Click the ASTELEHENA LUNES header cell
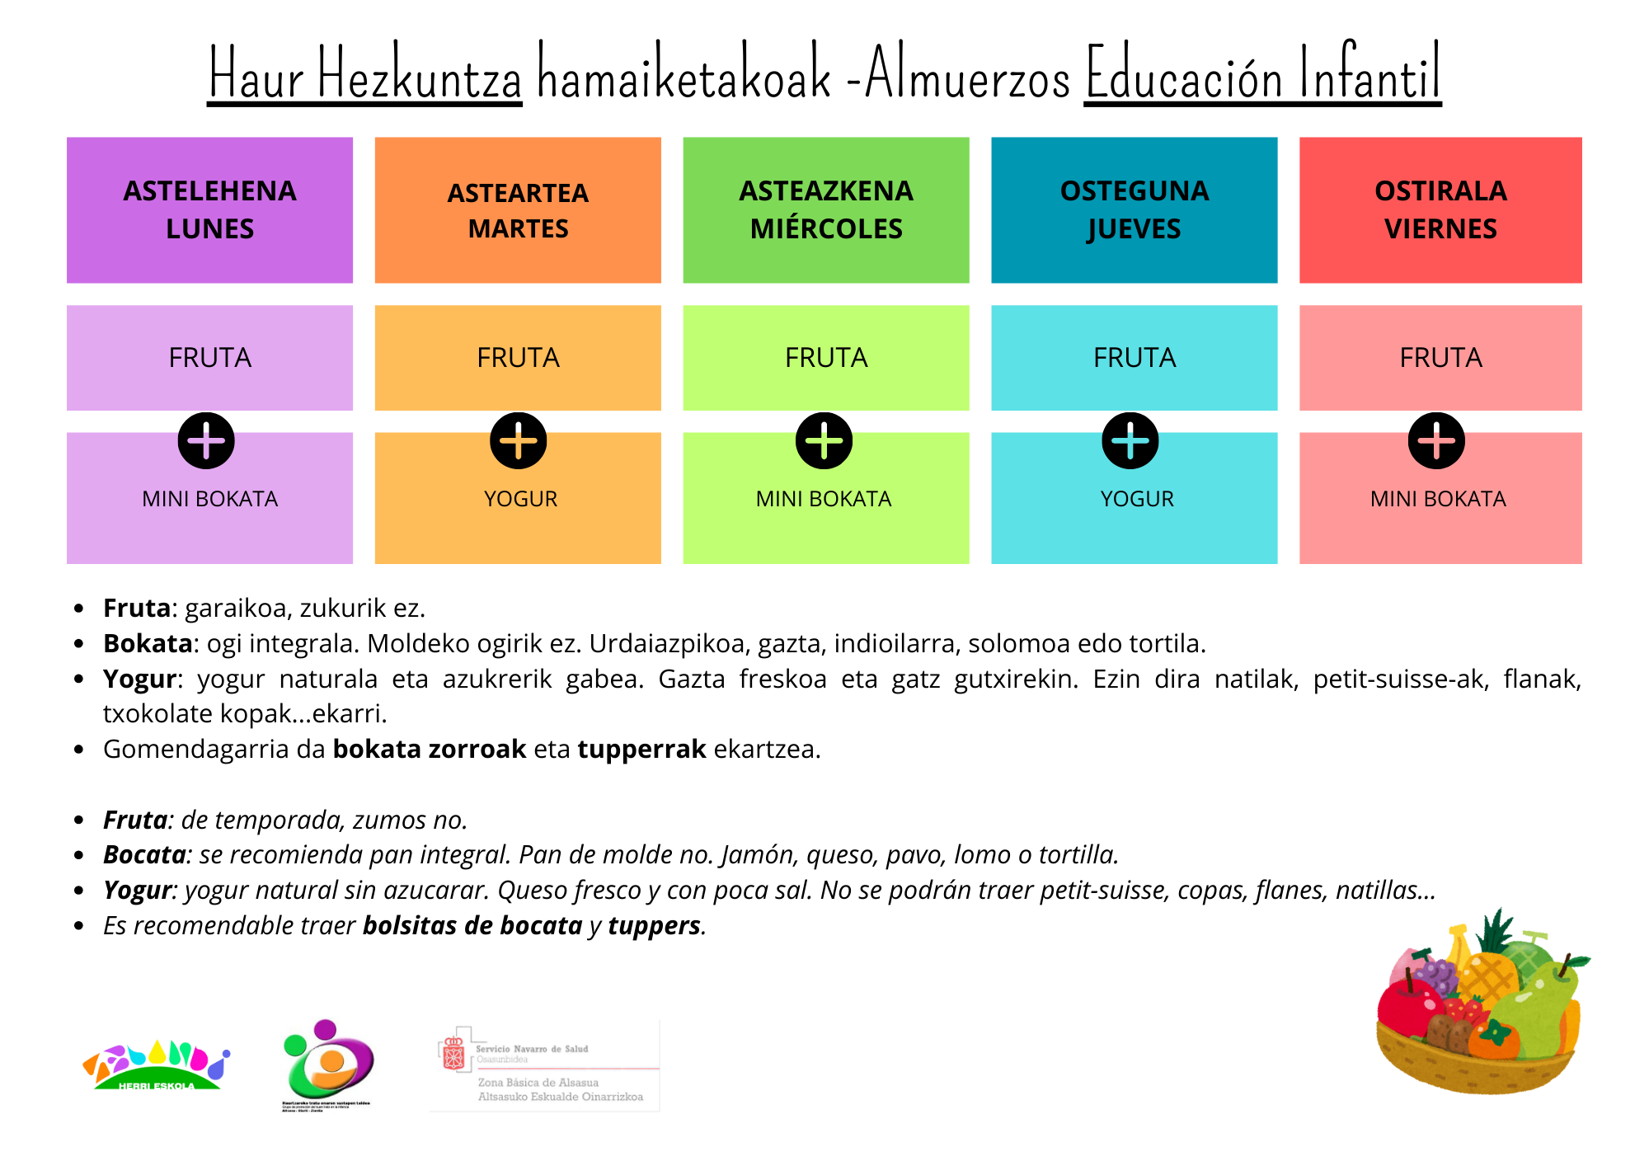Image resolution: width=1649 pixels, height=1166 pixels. [209, 210]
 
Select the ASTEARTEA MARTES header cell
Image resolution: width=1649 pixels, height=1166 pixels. [518, 210]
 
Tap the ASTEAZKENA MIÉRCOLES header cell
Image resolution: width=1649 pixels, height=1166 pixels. [826, 210]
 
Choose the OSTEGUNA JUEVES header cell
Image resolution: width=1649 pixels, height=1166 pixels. [1135, 210]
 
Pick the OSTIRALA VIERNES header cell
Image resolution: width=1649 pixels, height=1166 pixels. [1440, 210]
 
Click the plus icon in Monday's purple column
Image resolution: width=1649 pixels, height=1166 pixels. [206, 440]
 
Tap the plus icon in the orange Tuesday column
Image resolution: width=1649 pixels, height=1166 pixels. [519, 440]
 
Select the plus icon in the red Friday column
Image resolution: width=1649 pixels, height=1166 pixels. [1436, 440]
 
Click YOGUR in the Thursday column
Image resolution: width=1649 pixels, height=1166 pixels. [1137, 499]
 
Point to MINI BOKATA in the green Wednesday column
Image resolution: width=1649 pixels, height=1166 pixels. [824, 499]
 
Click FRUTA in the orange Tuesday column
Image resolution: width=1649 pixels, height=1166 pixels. [518, 358]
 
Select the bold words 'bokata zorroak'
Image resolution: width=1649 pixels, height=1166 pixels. [429, 749]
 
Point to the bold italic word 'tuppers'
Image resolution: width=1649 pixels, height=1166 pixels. [655, 925]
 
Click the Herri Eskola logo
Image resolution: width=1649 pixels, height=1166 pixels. [156, 1065]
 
